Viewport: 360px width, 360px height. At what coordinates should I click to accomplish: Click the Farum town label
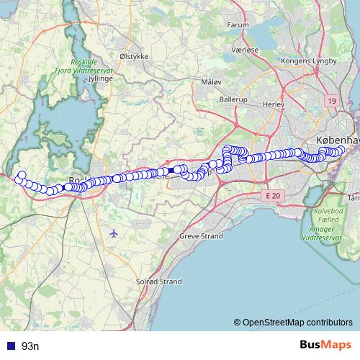coord(238,24)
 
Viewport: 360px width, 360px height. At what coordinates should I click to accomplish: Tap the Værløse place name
coord(244,50)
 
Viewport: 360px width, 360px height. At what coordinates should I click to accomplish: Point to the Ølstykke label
coord(134,54)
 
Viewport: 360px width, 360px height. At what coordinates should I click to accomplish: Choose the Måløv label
coord(212,82)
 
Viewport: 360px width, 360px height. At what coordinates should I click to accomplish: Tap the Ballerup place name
coord(233,98)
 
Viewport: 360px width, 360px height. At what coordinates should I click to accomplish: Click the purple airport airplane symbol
coord(114,233)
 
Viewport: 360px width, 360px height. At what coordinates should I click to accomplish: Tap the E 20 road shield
coord(272,196)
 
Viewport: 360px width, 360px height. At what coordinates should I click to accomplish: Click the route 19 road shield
coord(330,102)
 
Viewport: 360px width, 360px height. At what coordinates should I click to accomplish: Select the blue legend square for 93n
coord(10,346)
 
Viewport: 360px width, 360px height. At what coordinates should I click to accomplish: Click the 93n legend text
coord(30,346)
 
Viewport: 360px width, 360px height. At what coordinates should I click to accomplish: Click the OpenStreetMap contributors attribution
coord(294,322)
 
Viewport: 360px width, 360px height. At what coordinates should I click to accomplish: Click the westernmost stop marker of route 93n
coord(22,175)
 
